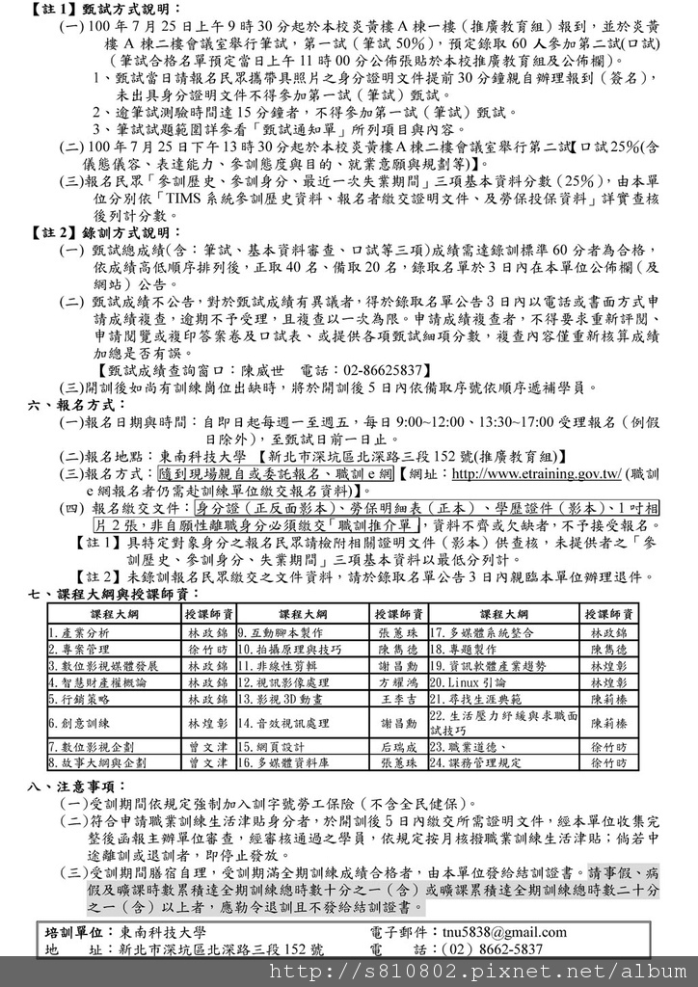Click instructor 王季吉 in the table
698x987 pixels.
[398, 699]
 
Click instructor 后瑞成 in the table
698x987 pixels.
[398, 746]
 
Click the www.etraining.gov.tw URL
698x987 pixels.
[536, 474]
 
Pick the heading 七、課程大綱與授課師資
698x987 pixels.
[116, 592]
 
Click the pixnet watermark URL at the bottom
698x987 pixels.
[482, 972]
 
